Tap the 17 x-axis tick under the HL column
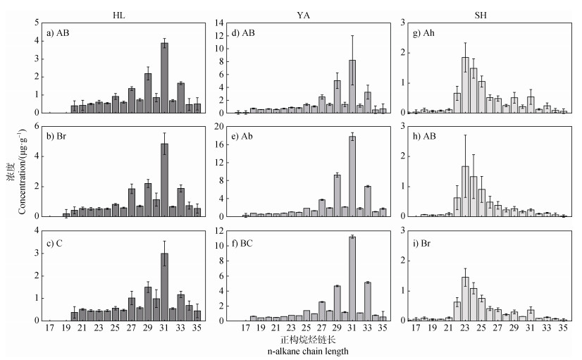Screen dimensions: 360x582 pos(50,328)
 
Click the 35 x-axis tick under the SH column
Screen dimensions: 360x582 pos(563,328)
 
